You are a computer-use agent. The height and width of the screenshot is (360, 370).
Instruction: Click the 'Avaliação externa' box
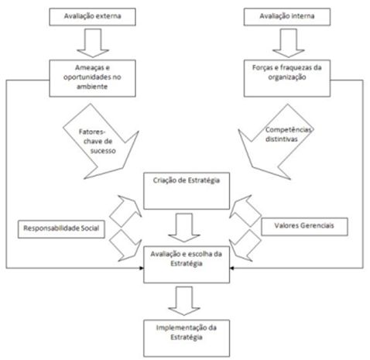92,17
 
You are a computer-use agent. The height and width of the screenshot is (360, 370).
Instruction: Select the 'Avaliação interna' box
287,17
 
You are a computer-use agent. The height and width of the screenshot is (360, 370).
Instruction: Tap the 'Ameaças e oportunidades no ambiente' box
92,78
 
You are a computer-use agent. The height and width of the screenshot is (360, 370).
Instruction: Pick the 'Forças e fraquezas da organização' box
287,78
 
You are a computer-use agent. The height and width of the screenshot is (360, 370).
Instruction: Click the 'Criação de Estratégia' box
187,191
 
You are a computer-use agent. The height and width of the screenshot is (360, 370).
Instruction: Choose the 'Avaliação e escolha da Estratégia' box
187,265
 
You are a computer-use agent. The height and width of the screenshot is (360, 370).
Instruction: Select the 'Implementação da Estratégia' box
187,338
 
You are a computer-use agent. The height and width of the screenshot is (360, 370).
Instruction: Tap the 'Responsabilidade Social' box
61,229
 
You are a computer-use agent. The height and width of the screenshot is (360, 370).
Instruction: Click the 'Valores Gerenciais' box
304,227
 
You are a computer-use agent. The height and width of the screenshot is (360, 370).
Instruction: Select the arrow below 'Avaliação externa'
93,43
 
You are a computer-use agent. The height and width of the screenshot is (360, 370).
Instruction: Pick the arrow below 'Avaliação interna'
289,43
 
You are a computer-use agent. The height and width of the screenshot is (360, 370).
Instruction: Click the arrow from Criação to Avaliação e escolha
184,228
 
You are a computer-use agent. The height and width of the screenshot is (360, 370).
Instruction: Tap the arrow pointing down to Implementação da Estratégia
184,301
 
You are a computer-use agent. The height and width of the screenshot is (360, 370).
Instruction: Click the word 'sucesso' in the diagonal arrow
103,151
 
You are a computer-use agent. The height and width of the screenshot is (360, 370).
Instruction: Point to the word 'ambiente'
92,87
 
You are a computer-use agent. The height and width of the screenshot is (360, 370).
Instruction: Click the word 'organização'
287,77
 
